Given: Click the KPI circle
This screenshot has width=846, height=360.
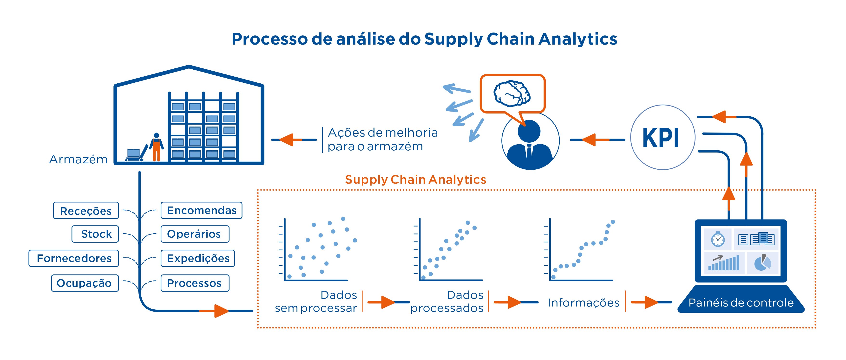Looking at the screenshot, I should (662, 137).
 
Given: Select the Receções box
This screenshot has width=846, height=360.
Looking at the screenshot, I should (86, 211).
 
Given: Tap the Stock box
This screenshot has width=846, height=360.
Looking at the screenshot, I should (95, 234).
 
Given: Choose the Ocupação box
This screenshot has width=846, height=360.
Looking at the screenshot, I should (85, 283).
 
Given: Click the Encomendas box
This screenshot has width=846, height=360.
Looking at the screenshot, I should (201, 210).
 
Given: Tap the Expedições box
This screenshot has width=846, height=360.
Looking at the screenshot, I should (198, 258).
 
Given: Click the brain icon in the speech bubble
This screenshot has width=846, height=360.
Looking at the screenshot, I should (512, 93).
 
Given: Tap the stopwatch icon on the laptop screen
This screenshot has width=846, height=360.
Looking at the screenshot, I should (718, 239).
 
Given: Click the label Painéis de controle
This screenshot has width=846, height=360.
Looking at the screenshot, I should (741, 302).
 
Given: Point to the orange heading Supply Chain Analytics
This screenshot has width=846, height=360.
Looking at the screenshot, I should (415, 180).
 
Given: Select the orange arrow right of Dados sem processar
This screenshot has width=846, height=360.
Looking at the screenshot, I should (387, 302).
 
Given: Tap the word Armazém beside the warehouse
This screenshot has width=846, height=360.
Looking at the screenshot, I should (78, 159).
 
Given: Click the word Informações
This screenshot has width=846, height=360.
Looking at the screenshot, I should (583, 302).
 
